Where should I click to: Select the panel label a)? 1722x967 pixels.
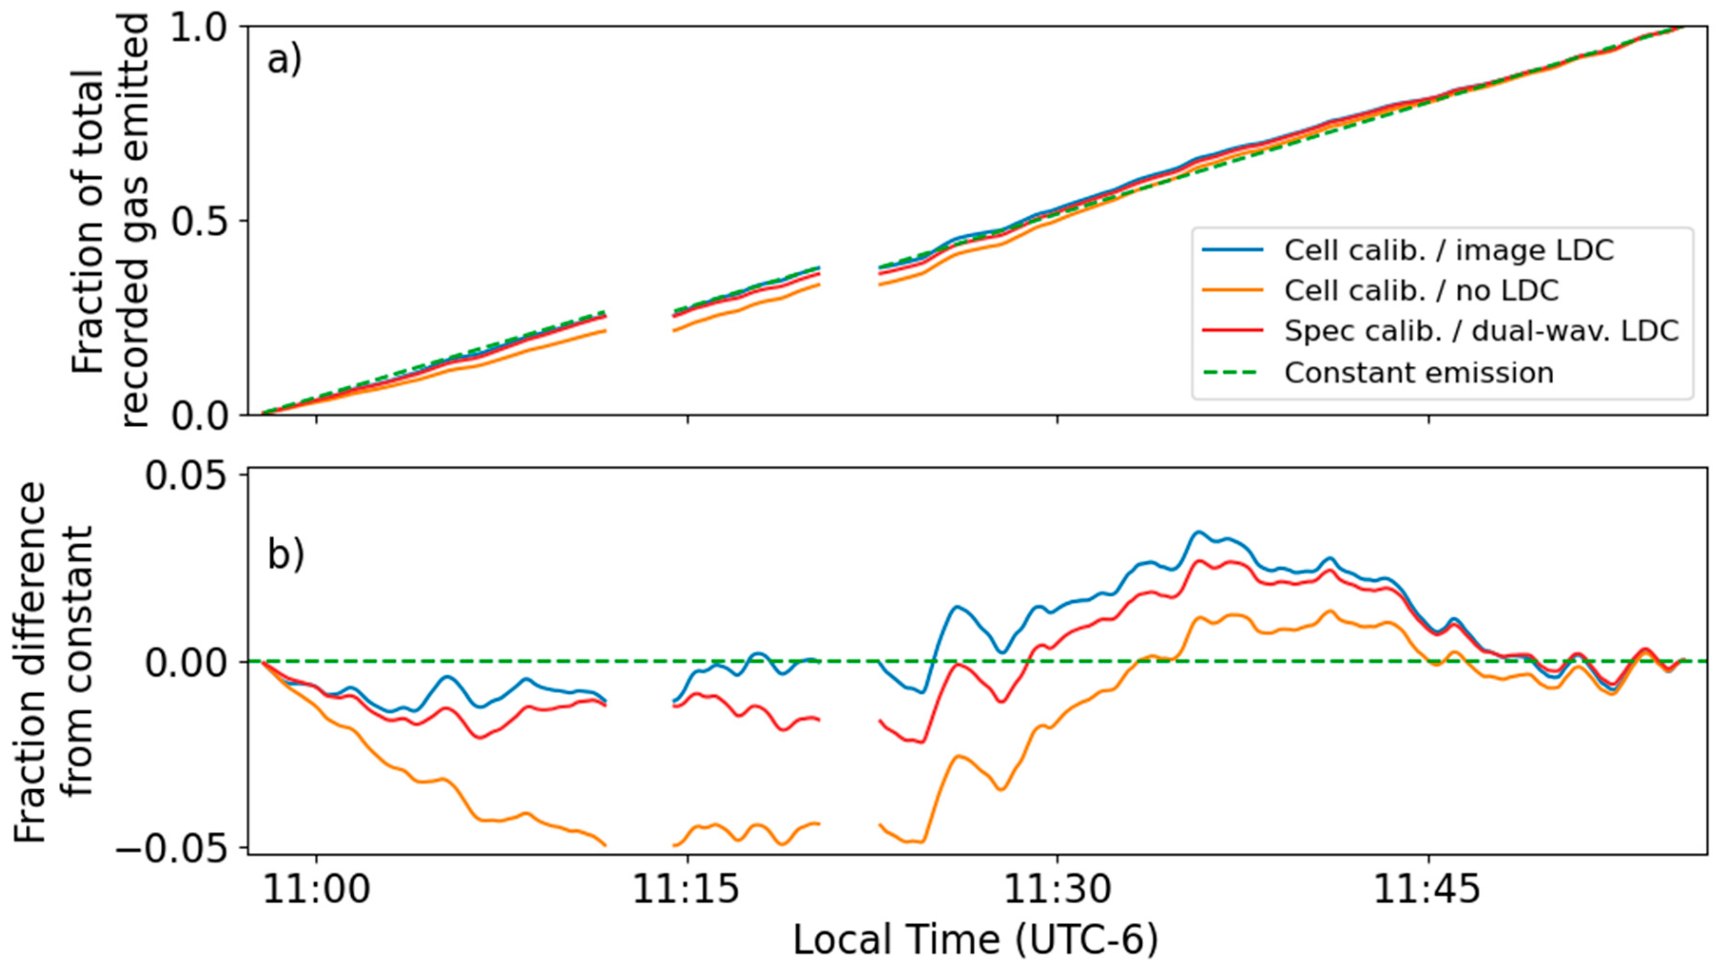[285, 61]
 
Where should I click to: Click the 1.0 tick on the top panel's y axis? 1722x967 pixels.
[201, 28]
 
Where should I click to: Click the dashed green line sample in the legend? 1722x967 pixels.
[1232, 372]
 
